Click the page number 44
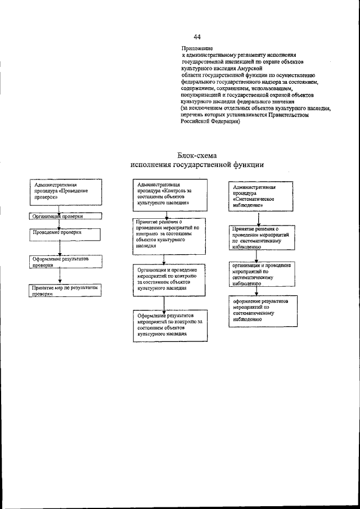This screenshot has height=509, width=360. click(x=197, y=37)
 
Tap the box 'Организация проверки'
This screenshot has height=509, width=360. click(x=65, y=215)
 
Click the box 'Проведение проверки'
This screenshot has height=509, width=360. click(x=65, y=233)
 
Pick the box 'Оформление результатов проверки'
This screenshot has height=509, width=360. click(x=65, y=262)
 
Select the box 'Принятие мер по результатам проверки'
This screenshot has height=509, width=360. click(x=66, y=290)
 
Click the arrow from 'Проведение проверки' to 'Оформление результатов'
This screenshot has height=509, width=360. click(x=59, y=248)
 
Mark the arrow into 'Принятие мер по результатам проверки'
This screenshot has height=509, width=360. click(x=59, y=276)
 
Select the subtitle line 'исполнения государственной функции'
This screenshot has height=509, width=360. click(x=196, y=165)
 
